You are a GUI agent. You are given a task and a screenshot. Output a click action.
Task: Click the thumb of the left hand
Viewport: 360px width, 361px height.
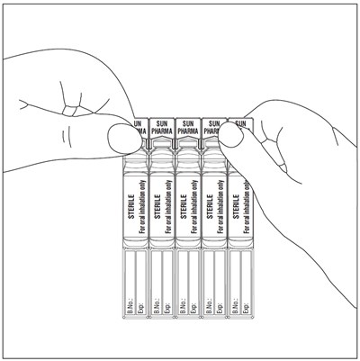coord(121,139)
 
